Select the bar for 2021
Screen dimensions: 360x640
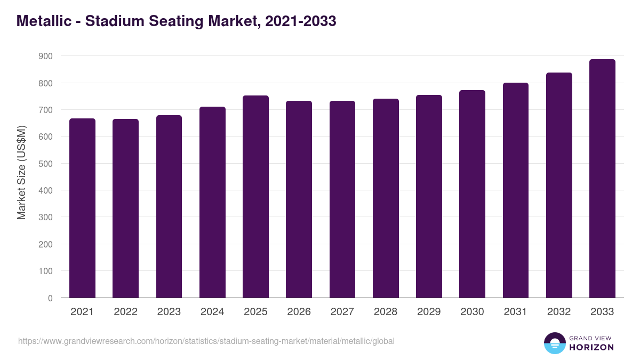(x=82, y=208)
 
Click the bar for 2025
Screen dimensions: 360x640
(x=255, y=197)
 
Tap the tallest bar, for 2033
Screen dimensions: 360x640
(x=602, y=179)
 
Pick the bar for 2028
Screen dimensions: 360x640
(x=386, y=198)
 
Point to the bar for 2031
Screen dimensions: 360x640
(x=515, y=190)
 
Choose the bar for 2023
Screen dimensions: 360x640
(x=169, y=206)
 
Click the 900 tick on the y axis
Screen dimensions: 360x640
(x=46, y=56)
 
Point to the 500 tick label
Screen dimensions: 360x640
(x=46, y=164)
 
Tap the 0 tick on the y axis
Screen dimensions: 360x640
(x=50, y=298)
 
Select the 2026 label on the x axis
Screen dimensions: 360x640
(x=299, y=312)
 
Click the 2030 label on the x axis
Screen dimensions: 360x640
(x=472, y=312)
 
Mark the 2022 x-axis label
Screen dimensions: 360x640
(x=125, y=312)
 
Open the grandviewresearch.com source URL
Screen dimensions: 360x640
(x=206, y=341)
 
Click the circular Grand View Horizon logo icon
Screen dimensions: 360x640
(x=554, y=343)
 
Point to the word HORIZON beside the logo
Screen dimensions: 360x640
(x=591, y=347)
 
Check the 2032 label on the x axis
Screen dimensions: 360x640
(x=559, y=312)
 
